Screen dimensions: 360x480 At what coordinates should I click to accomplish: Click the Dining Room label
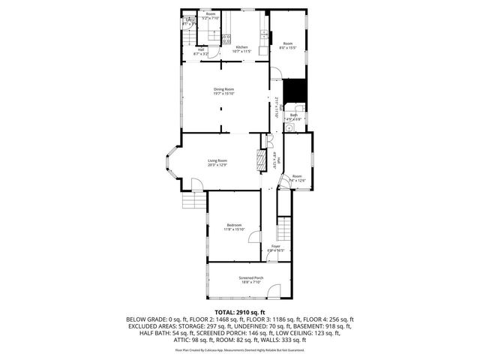[x=223, y=89]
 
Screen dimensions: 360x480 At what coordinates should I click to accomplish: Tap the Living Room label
[x=217, y=160]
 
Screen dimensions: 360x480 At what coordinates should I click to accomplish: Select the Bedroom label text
[x=233, y=225]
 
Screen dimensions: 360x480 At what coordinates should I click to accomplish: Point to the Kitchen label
[x=241, y=48]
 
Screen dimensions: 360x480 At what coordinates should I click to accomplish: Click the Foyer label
[x=275, y=245]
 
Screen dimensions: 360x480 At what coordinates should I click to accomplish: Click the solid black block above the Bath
[x=298, y=89]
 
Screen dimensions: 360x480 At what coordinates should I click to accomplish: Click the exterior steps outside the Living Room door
[x=193, y=203]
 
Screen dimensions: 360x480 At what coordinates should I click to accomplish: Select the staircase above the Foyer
[x=284, y=228]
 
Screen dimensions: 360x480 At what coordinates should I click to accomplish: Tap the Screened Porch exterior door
[x=277, y=294]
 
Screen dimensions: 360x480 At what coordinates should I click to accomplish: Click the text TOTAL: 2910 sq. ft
[x=240, y=311]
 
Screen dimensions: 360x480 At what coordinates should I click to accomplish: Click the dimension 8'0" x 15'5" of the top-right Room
[x=288, y=48]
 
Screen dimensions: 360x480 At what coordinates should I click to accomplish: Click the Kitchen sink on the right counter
[x=262, y=34]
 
